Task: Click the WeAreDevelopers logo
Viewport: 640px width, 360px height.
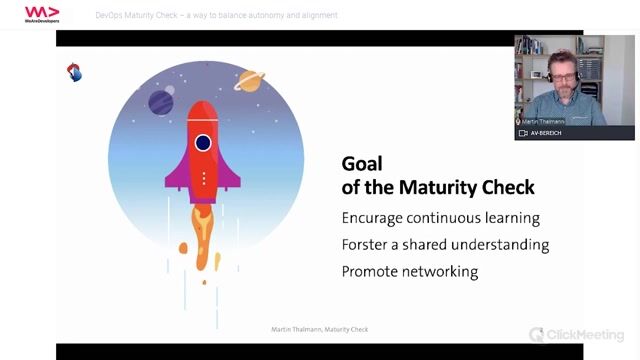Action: pos(41,14)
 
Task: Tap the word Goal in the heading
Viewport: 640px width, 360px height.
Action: pos(362,164)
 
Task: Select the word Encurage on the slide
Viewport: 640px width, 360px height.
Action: pos(377,218)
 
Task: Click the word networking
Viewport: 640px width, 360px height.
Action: pos(438,272)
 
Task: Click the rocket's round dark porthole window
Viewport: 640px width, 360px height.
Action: pos(203,143)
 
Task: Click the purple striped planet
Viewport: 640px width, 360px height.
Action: pos(161,102)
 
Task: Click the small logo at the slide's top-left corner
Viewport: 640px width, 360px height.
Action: pos(74,72)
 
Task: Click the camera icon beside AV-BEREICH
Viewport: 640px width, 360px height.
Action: pos(523,133)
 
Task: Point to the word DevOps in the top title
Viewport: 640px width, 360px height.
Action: pos(112,16)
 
